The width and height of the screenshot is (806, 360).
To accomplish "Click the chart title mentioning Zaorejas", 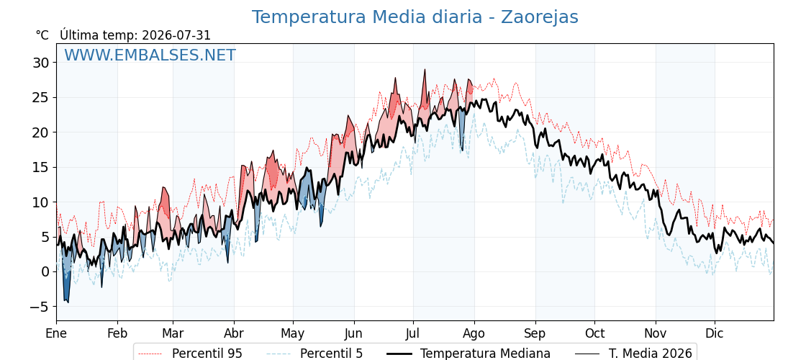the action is (x=415, y=17).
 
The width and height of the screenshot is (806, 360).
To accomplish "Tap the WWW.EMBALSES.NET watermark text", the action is (x=150, y=55).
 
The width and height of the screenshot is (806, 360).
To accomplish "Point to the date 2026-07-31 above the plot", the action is (x=176, y=35).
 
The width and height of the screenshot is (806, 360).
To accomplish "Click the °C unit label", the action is (x=42, y=35).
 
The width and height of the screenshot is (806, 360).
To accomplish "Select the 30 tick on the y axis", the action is (x=40, y=63).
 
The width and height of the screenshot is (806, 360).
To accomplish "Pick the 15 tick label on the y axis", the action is (x=40, y=167).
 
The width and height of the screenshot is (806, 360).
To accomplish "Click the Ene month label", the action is (x=56, y=333).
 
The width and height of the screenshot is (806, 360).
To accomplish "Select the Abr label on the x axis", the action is (x=234, y=333).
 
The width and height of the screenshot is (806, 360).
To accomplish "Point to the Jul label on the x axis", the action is (x=413, y=333).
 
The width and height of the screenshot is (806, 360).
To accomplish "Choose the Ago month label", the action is (x=474, y=333).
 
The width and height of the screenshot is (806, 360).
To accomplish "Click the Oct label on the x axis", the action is (x=594, y=333).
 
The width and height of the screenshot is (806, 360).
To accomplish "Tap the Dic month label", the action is (x=715, y=333).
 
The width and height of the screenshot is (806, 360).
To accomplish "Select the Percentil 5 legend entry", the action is (x=314, y=354).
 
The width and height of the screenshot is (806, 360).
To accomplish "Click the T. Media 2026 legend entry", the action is (x=634, y=354).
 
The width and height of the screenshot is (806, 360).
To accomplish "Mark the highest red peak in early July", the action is (x=425, y=70).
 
